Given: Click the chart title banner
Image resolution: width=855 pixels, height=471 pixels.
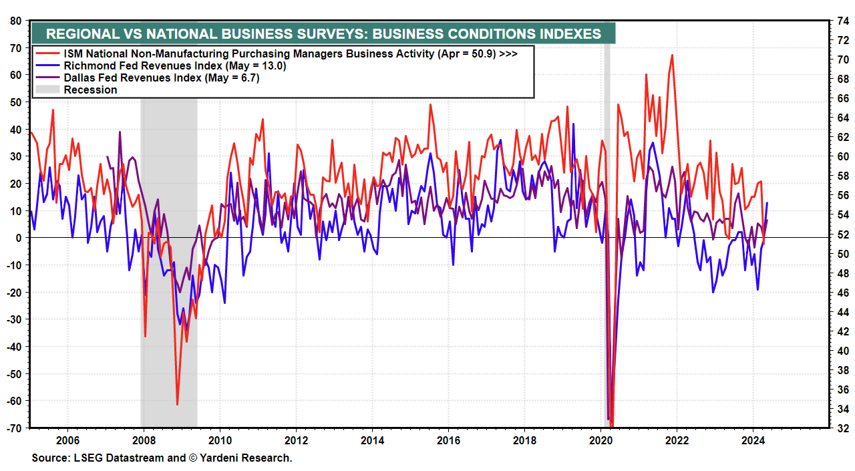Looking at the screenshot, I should pos(323,33).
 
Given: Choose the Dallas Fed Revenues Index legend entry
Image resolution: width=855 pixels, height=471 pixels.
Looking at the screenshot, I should pos(161,77).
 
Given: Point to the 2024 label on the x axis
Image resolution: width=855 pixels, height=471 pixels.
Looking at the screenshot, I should pos(753,440).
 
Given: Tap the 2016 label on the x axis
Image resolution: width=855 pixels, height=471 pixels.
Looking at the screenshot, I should pos(448,440).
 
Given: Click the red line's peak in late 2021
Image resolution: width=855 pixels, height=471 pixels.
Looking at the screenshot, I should pos(672,55).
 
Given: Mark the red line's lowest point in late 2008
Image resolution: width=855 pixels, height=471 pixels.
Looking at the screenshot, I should pos(177,404).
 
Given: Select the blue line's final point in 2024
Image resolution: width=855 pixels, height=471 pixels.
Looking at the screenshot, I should pos(767,202).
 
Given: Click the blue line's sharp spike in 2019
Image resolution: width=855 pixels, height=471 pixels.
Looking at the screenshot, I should pos(573,124).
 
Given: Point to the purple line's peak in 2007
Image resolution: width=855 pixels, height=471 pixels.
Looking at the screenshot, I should pos(120,132).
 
